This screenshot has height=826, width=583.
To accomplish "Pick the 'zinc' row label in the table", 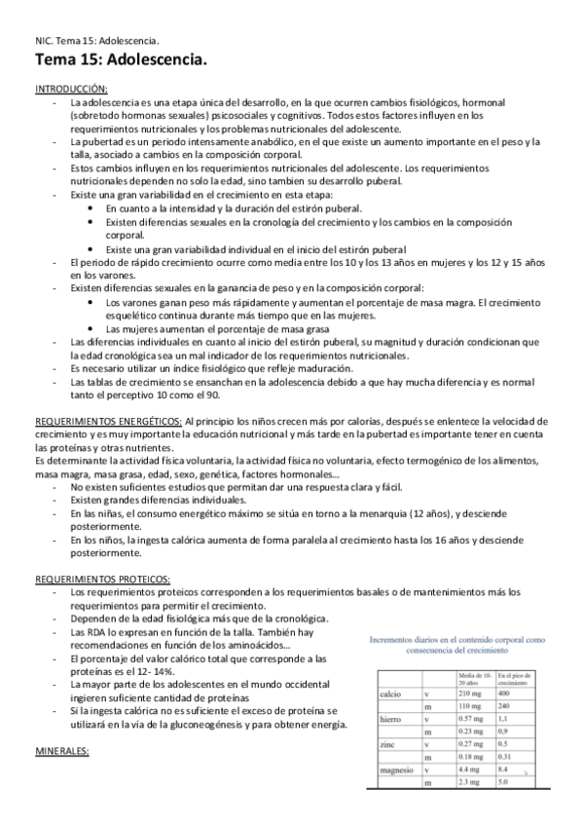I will click(x=387, y=745).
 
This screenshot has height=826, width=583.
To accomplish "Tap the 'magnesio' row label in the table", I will click(x=396, y=770).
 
